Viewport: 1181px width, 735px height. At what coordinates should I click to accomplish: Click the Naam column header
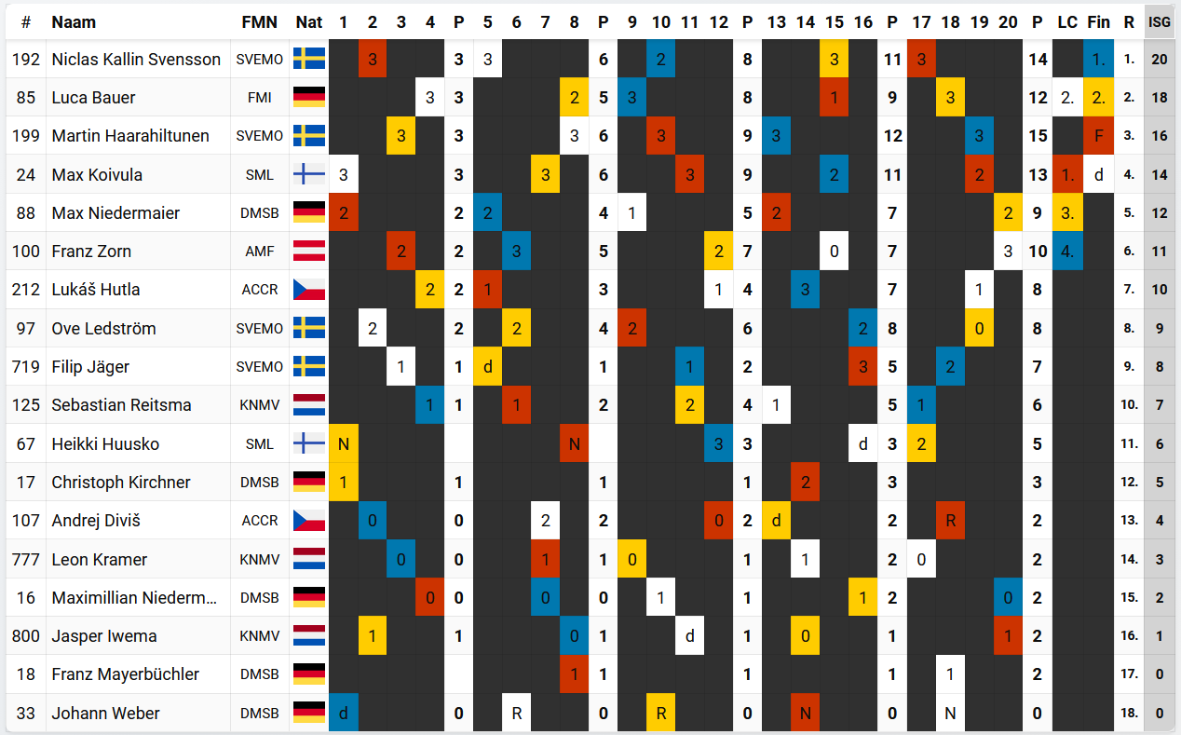click(74, 22)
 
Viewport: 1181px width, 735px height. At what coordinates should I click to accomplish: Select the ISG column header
click(1159, 22)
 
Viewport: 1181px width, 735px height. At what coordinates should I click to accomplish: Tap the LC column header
click(1067, 22)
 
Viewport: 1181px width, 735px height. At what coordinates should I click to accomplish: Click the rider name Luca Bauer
click(93, 98)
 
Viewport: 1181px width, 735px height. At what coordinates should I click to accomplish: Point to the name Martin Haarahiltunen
click(130, 136)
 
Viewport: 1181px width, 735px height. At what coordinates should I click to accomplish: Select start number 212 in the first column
click(25, 290)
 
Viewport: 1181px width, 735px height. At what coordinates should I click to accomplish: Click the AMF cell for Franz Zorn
click(259, 252)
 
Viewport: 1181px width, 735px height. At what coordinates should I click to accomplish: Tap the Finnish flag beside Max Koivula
click(309, 174)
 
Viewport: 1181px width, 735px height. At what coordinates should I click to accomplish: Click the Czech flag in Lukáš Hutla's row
click(309, 290)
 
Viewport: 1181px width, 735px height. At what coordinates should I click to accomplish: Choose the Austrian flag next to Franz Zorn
click(309, 252)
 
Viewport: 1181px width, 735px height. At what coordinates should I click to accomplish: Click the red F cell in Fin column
click(1099, 136)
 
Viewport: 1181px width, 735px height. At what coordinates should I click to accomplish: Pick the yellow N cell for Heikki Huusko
click(344, 444)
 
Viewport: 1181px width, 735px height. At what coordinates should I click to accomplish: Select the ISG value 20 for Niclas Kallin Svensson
click(1159, 59)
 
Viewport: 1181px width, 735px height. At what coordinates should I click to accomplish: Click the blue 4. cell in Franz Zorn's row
click(1067, 252)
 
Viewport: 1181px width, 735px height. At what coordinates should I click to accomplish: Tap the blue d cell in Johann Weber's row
click(344, 714)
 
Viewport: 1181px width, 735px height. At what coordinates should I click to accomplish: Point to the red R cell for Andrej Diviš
click(950, 521)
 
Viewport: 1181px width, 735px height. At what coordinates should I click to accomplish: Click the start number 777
click(25, 560)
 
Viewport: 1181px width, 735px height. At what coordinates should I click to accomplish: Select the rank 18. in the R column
click(1129, 714)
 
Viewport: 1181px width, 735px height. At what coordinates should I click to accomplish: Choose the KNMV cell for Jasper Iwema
click(259, 636)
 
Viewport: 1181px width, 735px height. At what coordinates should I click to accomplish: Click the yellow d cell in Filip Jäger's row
click(488, 367)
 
